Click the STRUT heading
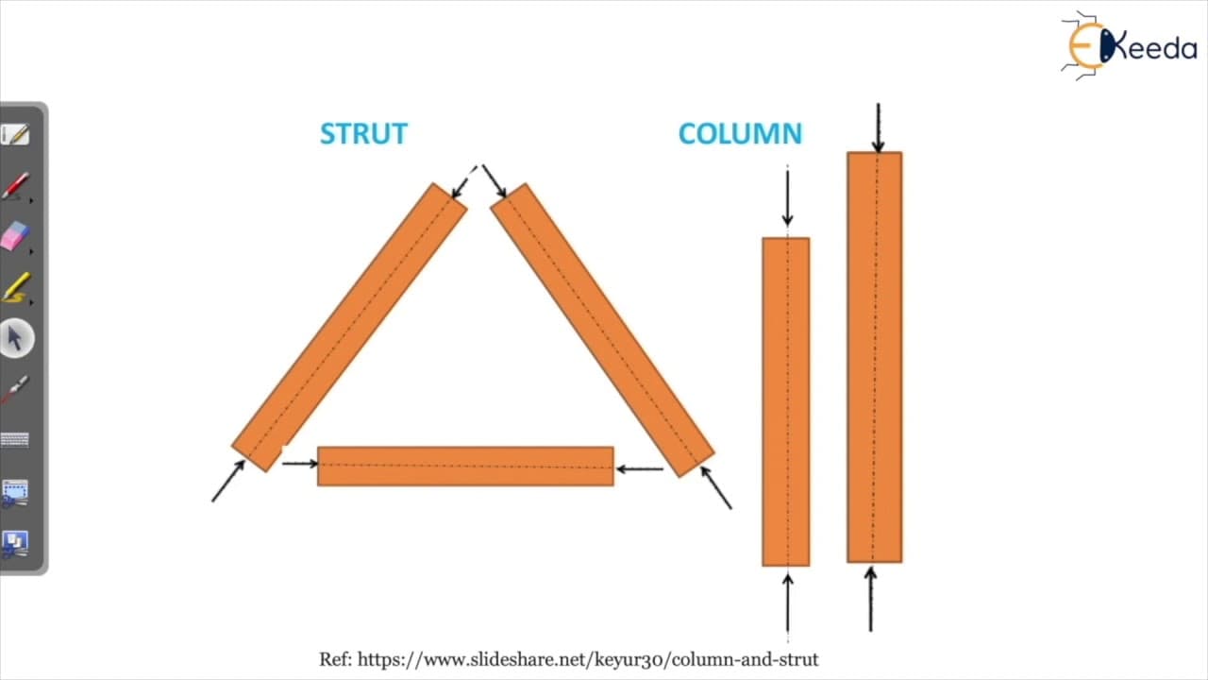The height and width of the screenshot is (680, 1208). click(364, 134)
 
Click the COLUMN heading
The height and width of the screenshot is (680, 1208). click(741, 134)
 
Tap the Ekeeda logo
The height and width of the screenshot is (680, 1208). click(1129, 46)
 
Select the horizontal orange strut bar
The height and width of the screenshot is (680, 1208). click(465, 467)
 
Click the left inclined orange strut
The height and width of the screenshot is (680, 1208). click(349, 328)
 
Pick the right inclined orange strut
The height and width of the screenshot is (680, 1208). click(602, 331)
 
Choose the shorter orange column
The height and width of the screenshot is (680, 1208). click(786, 402)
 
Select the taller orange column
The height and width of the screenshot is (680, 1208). click(874, 357)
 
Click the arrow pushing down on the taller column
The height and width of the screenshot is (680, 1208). click(879, 127)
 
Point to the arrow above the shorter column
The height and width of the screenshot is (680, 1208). click(787, 198)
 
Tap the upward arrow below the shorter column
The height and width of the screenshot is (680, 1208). click(787, 603)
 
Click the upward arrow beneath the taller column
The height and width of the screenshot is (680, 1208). click(870, 600)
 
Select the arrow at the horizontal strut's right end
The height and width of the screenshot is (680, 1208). click(640, 469)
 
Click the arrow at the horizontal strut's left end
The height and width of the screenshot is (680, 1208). click(300, 463)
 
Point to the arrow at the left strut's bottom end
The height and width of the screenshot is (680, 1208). click(228, 481)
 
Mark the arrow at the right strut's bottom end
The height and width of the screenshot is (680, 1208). click(716, 488)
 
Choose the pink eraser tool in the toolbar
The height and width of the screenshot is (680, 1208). click(15, 236)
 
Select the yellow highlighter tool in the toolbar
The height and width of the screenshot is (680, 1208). click(16, 287)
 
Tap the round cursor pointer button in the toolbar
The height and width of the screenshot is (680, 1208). click(16, 338)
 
